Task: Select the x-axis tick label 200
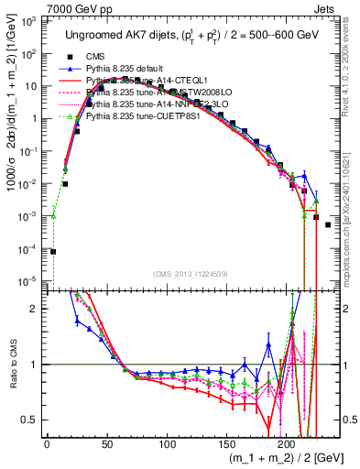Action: [287, 443]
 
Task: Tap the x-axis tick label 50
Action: [106, 443]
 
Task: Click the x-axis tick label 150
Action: [226, 443]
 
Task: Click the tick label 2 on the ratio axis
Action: [35, 309]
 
